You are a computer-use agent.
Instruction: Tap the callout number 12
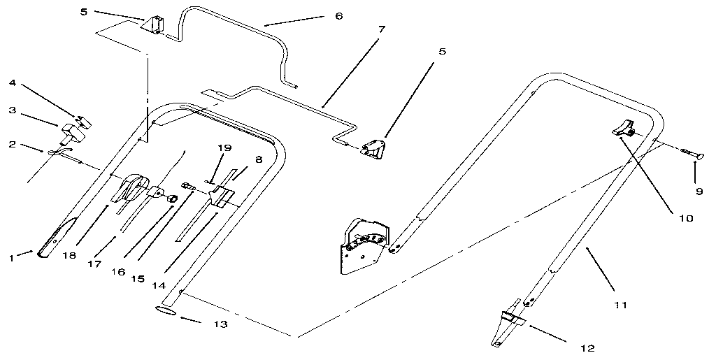tap(587, 347)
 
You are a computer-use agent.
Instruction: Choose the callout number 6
tap(339, 15)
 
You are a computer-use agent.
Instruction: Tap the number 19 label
tap(223, 148)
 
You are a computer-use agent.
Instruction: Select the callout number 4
tap(12, 82)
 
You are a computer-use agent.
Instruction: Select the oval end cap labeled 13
tap(166, 310)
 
